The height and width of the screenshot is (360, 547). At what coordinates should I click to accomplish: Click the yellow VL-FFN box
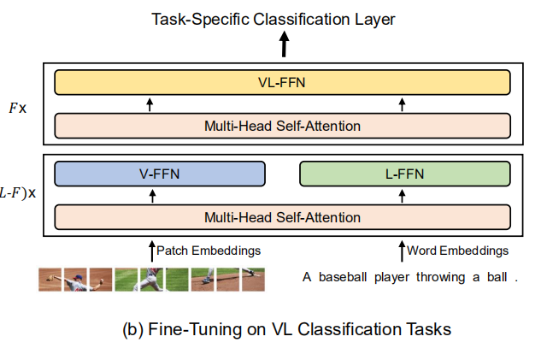[282, 82]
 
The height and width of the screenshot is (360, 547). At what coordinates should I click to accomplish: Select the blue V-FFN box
[161, 174]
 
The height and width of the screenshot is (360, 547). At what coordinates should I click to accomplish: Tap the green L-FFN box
[405, 174]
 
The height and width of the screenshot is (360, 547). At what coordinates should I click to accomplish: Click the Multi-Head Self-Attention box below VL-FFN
[282, 126]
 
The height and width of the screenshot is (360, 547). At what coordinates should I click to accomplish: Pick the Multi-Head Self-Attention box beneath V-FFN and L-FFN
[282, 217]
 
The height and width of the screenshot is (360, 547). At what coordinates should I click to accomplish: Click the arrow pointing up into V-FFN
[153, 196]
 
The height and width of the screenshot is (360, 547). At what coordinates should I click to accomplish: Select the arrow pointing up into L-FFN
[403, 196]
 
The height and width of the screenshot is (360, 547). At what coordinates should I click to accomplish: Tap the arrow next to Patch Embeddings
[150, 251]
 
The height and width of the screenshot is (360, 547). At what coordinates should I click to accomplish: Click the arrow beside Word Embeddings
[402, 251]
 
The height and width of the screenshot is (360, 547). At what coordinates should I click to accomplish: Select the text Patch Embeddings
[208, 251]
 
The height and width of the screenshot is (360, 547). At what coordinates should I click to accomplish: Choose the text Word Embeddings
[457, 251]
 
